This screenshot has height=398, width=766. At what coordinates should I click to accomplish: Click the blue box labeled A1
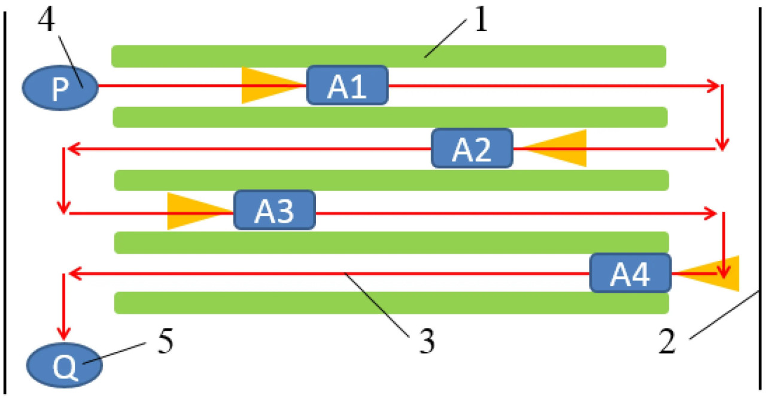click(348, 86)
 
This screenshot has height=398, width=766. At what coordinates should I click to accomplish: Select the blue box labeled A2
click(472, 148)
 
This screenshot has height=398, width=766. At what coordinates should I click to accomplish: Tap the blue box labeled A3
click(274, 210)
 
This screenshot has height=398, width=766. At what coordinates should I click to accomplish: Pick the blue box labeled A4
click(630, 273)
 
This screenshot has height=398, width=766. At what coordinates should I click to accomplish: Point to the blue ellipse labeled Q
click(64, 365)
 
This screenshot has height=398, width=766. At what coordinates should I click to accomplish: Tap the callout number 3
click(422, 343)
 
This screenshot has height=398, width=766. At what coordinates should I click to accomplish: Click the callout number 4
click(47, 22)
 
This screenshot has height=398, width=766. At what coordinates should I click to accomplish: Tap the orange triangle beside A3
click(193, 211)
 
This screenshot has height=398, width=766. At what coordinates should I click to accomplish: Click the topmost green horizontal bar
click(389, 56)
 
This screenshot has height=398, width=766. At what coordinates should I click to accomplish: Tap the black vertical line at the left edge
click(5, 198)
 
